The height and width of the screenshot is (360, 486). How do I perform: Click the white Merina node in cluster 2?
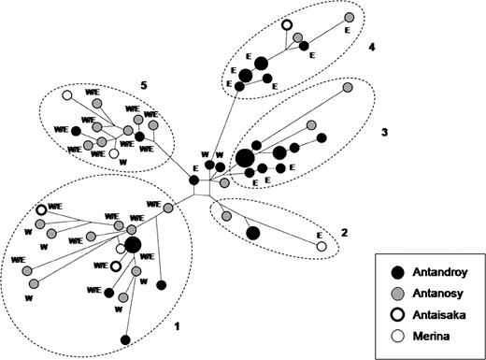322,247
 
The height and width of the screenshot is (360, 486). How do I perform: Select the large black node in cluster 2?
252,233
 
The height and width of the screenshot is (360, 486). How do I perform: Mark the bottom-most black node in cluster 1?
125,339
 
